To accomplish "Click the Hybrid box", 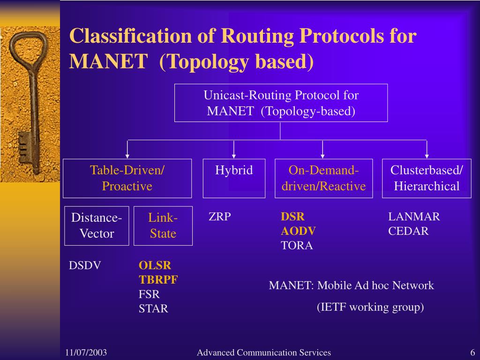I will point(234,178).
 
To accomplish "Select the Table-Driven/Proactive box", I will point(127,178).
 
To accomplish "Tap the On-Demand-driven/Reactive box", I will point(323,178).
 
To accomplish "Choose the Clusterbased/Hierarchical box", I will point(427,178).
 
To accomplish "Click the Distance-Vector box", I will point(97,225).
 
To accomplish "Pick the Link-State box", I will point(163,225).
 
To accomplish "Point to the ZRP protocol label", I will point(220,217).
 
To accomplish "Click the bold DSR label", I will point(292,217).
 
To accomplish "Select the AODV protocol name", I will point(298,231).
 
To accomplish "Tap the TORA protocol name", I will point(297,246).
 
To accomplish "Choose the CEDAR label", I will point(408,231).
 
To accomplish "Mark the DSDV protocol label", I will point(85,265).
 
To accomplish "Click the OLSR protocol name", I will point(155,265).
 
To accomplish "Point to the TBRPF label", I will point(158,280).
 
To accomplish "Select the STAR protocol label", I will point(153,309).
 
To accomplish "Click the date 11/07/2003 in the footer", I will point(86,353).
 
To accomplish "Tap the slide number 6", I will point(473,353).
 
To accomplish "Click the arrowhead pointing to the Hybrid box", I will point(234,156).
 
